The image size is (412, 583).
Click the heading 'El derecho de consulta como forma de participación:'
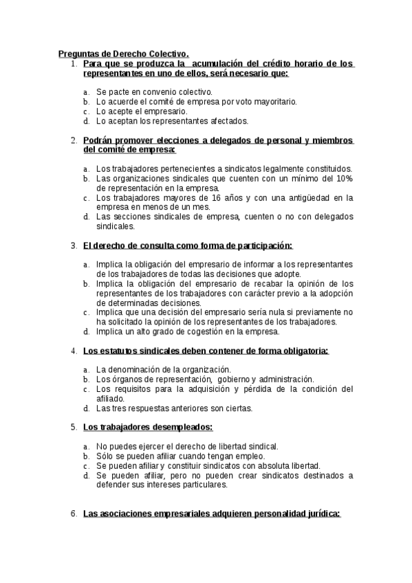[187, 245]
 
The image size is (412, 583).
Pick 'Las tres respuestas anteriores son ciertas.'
[174, 408]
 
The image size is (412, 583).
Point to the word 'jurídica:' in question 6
[318, 513]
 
